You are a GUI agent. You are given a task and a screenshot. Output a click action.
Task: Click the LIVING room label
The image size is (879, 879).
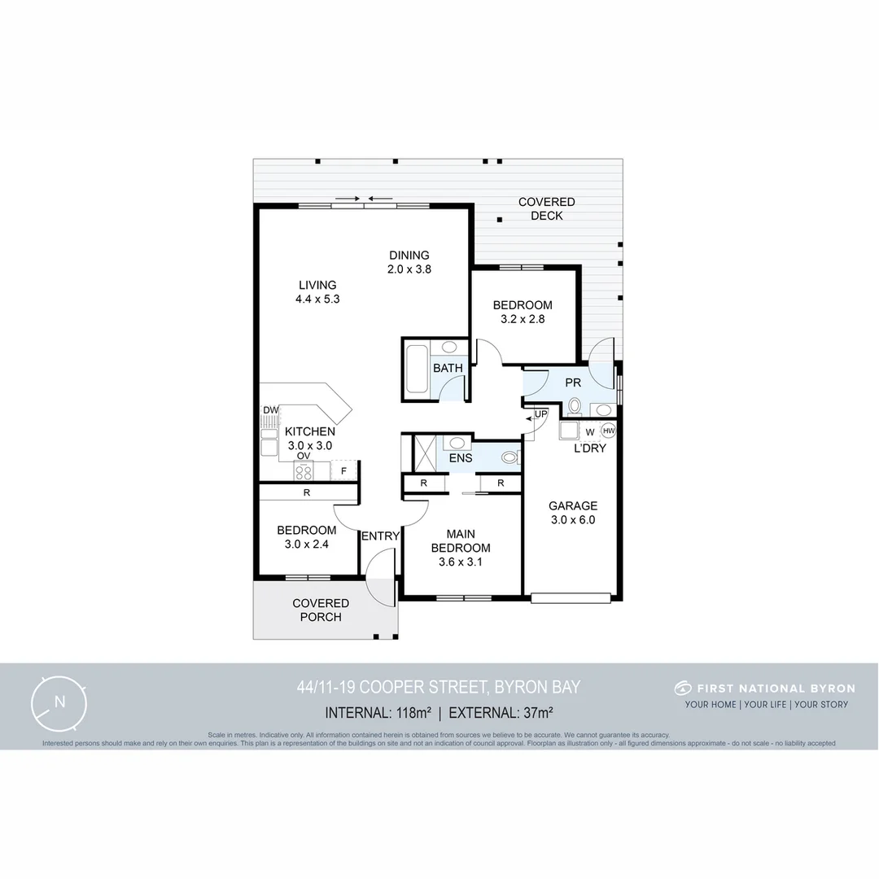pyautogui.click(x=317, y=291)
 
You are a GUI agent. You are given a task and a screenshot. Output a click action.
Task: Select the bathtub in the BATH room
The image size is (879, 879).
pyautogui.click(x=416, y=370)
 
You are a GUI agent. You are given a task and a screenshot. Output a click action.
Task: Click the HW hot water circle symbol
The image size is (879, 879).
pyautogui.click(x=608, y=431)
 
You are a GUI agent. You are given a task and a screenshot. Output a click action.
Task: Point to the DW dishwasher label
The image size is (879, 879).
pyautogui.click(x=269, y=411)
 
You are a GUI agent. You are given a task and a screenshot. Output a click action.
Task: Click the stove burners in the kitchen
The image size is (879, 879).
pyautogui.click(x=304, y=471)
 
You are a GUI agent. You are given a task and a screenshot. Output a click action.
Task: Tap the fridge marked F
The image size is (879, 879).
pyautogui.click(x=343, y=471)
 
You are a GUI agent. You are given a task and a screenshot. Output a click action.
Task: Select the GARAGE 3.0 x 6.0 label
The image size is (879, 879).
pyautogui.click(x=572, y=512)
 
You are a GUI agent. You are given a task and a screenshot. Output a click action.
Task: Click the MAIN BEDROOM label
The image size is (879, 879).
pyautogui.click(x=461, y=547)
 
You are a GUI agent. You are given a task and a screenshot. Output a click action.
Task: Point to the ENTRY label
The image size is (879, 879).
pyautogui.click(x=380, y=536)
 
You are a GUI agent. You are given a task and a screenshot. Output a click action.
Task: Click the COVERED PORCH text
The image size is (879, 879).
pyautogui.click(x=321, y=610)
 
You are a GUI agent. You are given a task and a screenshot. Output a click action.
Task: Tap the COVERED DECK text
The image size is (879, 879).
pyautogui.click(x=546, y=208)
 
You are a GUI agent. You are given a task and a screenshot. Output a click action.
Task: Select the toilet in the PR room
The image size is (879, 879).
pyautogui.click(x=575, y=405)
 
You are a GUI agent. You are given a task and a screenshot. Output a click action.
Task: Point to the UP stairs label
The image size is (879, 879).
pyautogui.click(x=540, y=415)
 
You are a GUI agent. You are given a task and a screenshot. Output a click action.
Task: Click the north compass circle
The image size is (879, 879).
pyautogui.click(x=59, y=702)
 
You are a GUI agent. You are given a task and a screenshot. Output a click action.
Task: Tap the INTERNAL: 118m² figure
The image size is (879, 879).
pyautogui.click(x=378, y=713)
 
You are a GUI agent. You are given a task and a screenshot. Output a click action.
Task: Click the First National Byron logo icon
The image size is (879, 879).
pyautogui.click(x=682, y=688)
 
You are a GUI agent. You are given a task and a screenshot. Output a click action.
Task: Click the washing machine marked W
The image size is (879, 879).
pyautogui.click(x=589, y=431)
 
